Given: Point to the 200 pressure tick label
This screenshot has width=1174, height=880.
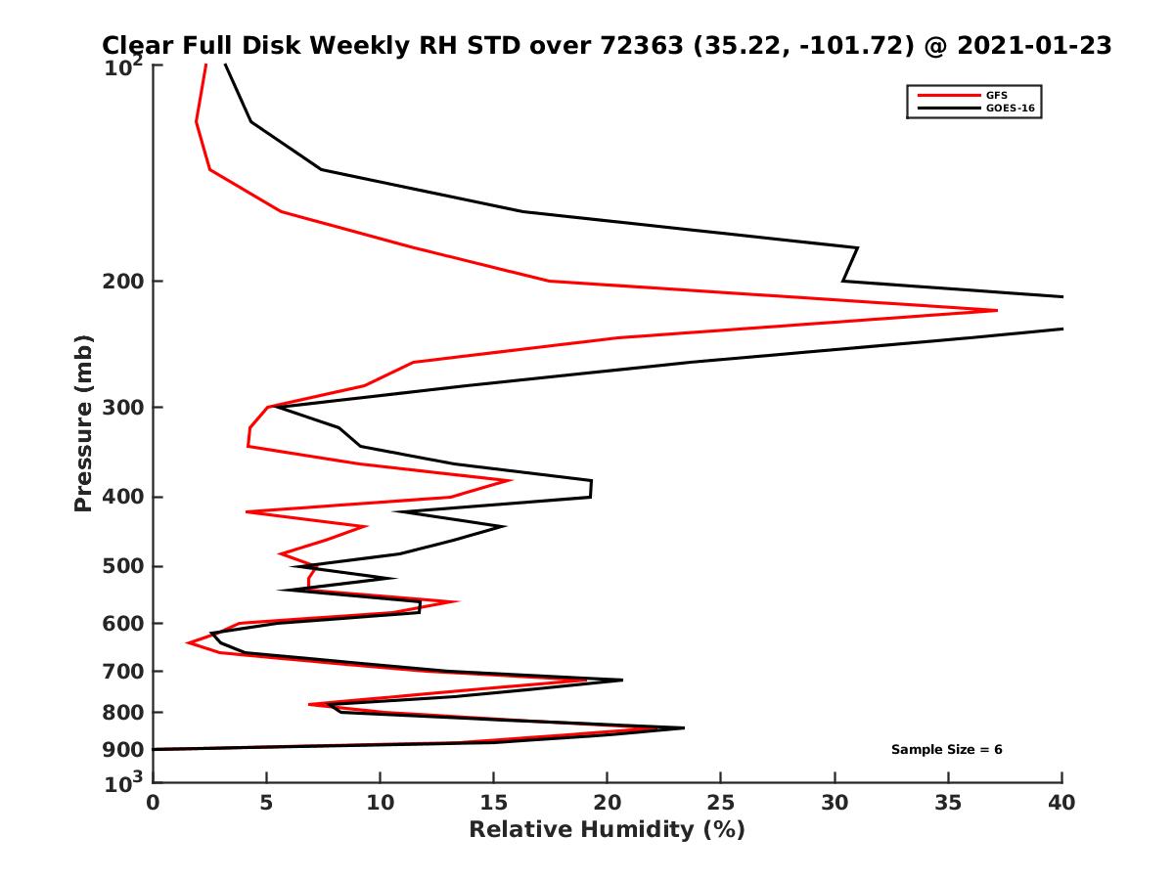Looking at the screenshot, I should [124, 282].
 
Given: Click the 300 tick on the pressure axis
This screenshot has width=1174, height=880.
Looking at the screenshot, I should [124, 407].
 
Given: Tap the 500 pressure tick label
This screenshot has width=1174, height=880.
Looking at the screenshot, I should [124, 566].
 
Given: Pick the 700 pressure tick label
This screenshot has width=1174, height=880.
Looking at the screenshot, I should [124, 672].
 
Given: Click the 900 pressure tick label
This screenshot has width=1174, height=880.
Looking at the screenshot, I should [124, 750].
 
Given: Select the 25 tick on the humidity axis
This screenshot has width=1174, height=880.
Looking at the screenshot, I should [721, 803].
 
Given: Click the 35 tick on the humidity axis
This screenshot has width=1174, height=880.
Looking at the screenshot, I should [948, 803].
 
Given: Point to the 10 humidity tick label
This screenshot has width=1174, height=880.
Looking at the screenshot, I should [381, 803].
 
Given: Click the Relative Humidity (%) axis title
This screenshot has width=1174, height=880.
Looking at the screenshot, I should [607, 830].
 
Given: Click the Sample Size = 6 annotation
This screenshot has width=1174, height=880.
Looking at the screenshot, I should [946, 750].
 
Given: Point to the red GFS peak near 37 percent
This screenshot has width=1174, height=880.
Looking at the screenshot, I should [997, 311].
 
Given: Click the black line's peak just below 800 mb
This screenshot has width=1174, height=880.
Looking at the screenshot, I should [684, 727].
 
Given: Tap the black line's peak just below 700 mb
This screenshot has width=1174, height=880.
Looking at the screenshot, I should [622, 680].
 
